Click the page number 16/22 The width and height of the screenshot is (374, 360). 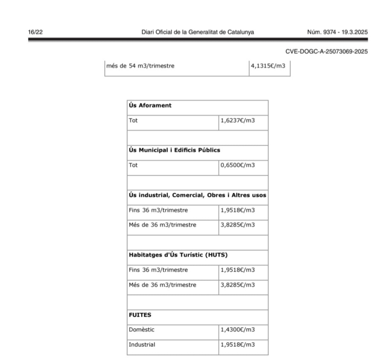pos(33,32)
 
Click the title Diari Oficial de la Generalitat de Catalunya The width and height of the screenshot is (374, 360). pos(198,32)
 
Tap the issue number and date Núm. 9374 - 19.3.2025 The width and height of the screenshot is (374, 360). pos(337,32)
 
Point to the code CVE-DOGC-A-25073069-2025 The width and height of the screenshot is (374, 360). pos(326,52)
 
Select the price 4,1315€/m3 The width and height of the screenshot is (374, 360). pos(268,66)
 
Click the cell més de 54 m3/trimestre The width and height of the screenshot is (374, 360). pos(140,66)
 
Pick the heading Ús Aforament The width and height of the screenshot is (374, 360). pos(150,106)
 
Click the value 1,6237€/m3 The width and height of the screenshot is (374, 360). pos(238,120)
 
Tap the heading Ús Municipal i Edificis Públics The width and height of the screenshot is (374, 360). pos(174,150)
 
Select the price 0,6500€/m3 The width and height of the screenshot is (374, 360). pos(238,165)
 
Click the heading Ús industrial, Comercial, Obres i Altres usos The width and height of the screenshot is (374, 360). pos(197,195)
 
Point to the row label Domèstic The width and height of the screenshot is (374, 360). pos(141,330)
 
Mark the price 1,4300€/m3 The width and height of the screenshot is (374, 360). pos(238,330)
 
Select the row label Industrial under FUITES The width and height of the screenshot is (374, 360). pos(142,344)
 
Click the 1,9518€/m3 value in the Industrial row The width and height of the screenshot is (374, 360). pos(238,344)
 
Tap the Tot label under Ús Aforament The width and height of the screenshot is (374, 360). pos(133,120)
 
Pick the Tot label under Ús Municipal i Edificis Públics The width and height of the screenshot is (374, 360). pos(133,165)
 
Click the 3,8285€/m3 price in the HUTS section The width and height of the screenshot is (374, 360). pos(238,285)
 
